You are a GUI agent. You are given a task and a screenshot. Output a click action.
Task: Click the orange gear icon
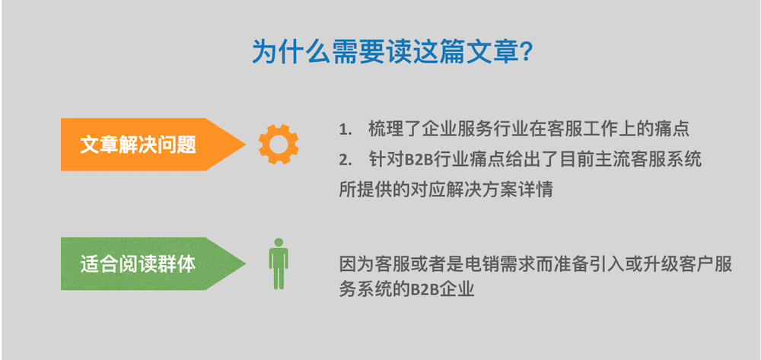pyautogui.click(x=279, y=144)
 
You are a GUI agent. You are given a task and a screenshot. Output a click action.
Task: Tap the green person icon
pyautogui.click(x=279, y=264)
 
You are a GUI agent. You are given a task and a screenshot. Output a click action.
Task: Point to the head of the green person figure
pyautogui.click(x=279, y=242)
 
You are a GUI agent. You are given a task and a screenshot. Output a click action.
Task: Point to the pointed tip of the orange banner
pyautogui.click(x=246, y=144)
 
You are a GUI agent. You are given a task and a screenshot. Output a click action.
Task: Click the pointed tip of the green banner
pyautogui.click(x=246, y=264)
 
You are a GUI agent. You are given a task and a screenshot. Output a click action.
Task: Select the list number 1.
pyautogui.click(x=345, y=130)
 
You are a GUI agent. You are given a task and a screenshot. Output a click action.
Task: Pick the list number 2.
pyautogui.click(x=345, y=160)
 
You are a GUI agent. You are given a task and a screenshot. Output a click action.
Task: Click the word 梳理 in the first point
pyautogui.click(x=384, y=129)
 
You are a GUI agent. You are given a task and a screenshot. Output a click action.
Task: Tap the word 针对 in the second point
pyautogui.click(x=384, y=160)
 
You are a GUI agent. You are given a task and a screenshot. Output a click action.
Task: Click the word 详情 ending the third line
pyautogui.click(x=538, y=190)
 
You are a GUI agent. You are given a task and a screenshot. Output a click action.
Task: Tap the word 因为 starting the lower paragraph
pyautogui.click(x=355, y=264)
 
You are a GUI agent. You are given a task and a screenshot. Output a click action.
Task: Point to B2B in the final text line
pyautogui.click(x=427, y=290)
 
